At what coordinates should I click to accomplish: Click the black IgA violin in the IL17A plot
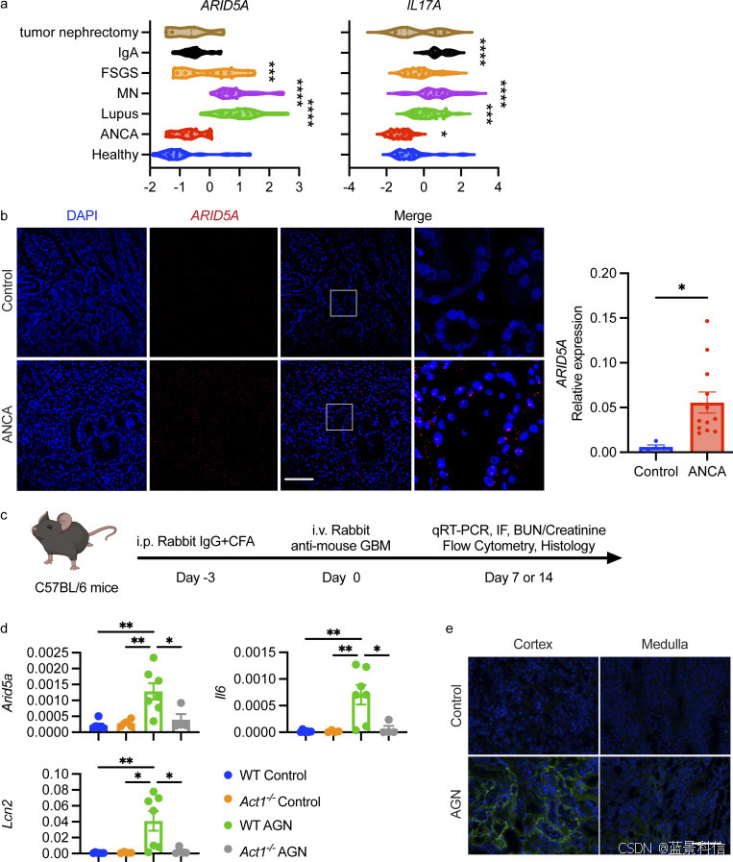441,52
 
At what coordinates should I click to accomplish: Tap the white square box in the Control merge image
343,302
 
